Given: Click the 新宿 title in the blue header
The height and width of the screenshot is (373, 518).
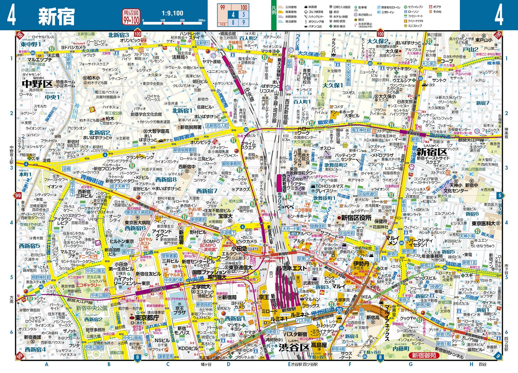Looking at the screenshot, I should pyautogui.click(x=56, y=16).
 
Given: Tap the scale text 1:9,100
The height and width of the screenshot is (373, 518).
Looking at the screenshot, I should pyautogui.click(x=172, y=13).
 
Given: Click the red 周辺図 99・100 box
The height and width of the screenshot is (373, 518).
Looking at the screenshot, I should pyautogui.click(x=131, y=17).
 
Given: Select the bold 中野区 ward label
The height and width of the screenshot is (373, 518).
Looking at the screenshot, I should pyautogui.click(x=37, y=84).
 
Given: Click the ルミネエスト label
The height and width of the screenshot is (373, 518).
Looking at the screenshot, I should pyautogui.click(x=291, y=268).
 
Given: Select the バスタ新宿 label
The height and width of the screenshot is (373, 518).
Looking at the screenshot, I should pyautogui.click(x=295, y=334).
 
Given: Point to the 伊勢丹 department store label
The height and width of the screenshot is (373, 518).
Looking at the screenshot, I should pyautogui.click(x=361, y=264).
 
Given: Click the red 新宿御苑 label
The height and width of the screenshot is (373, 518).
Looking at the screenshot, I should pyautogui.click(x=423, y=355).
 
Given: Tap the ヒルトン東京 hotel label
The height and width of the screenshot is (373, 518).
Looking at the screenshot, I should pyautogui.click(x=122, y=242).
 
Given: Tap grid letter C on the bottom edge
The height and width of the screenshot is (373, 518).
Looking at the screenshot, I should pyautogui.click(x=168, y=364).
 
